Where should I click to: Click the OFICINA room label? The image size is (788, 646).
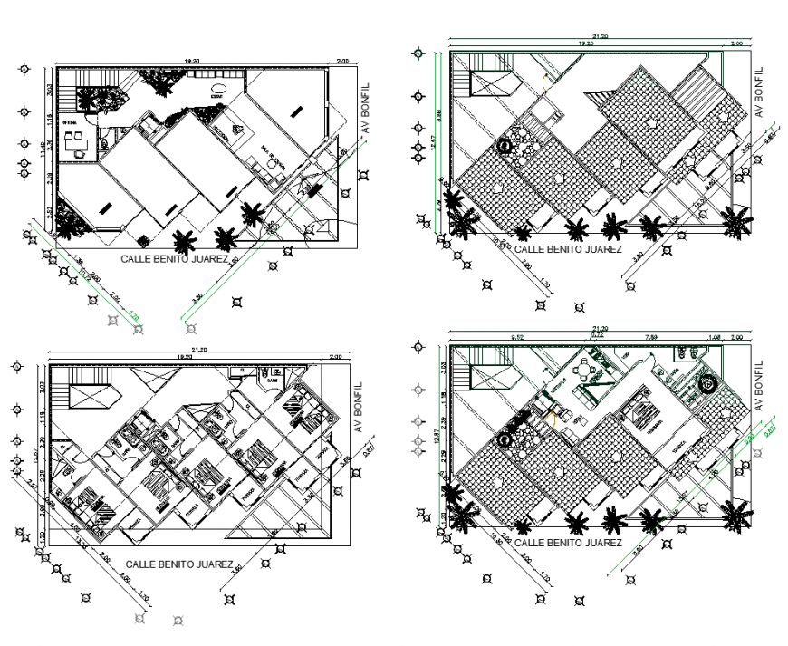pyautogui.click(x=69, y=121)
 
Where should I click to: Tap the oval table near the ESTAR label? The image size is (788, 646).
pyautogui.click(x=217, y=94)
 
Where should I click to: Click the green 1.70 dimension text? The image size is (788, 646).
pyautogui.click(x=134, y=316)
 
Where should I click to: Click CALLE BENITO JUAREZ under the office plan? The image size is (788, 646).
pyautogui.click(x=181, y=258)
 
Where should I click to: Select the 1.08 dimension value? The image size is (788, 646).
pyautogui.click(x=713, y=335)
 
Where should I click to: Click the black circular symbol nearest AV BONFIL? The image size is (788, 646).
pyautogui.click(x=709, y=384)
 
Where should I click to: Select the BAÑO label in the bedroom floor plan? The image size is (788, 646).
pyautogui.click(x=271, y=381)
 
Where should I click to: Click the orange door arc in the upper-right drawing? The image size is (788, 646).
pyautogui.click(x=544, y=80)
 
